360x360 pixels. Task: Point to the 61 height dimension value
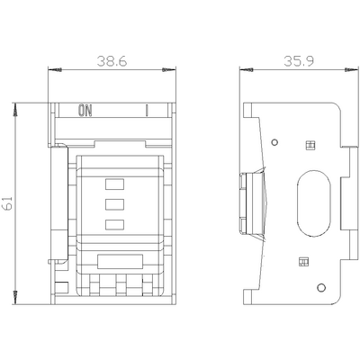click(7, 204)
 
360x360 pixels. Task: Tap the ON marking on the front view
click(85, 112)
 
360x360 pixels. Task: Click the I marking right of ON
click(145, 112)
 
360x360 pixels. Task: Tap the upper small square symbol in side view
click(311, 144)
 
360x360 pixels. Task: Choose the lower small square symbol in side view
click(303, 263)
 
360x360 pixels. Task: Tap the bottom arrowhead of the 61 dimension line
click(16, 297)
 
